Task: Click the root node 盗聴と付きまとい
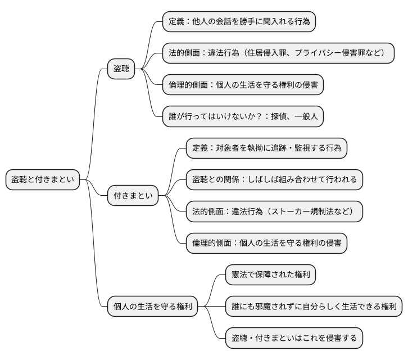(x=42, y=180)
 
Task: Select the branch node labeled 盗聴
(x=121, y=69)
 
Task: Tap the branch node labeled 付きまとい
(x=133, y=196)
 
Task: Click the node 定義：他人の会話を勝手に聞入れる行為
(x=239, y=22)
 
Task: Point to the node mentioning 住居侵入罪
(x=278, y=53)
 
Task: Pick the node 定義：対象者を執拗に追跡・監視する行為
(x=266, y=148)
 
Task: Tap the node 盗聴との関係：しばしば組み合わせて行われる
(x=274, y=180)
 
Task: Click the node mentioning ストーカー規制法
(x=274, y=211)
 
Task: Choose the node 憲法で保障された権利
(x=271, y=275)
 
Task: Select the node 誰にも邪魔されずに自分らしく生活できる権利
(x=314, y=307)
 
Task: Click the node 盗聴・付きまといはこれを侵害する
(x=294, y=338)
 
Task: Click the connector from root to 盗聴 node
(x=96, y=112)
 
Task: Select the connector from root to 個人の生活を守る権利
(x=96, y=253)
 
